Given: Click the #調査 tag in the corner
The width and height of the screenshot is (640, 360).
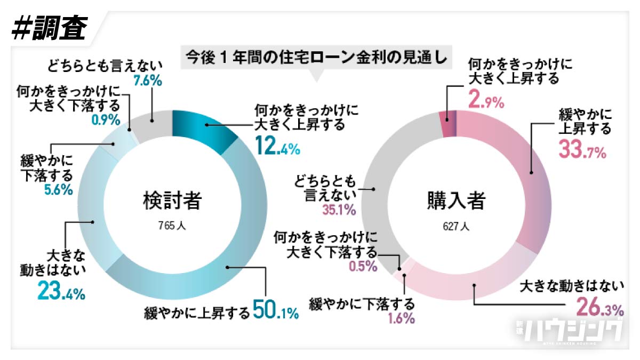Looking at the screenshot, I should [x=49, y=27].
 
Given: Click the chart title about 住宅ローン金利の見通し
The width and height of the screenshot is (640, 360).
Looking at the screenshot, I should [x=314, y=56].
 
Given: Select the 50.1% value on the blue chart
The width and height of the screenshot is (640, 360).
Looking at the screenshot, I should [x=275, y=311].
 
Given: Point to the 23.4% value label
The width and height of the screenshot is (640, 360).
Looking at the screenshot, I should [x=61, y=291].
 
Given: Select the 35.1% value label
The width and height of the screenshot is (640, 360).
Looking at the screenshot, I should [x=339, y=210].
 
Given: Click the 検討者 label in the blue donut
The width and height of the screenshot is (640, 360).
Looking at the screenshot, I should [x=172, y=201].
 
